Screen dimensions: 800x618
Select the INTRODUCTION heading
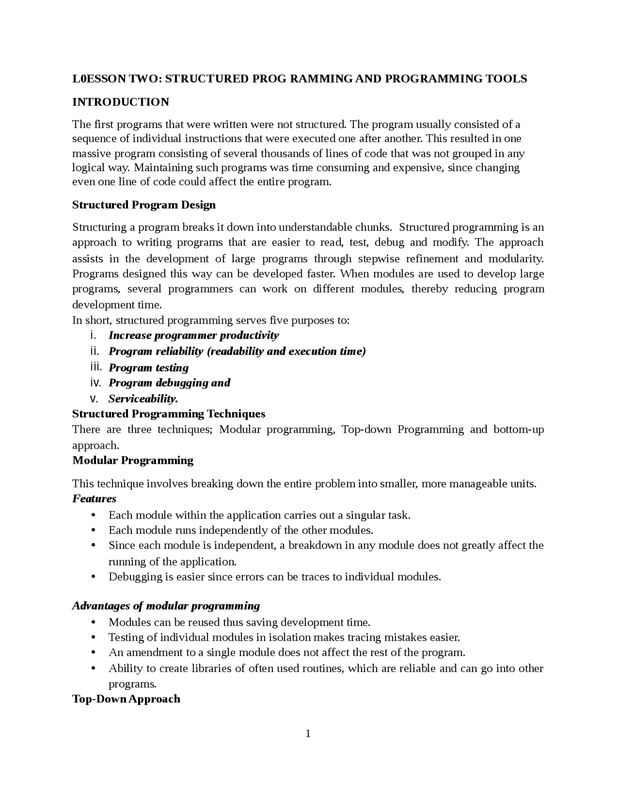point(121,102)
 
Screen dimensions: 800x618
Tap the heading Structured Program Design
point(144,205)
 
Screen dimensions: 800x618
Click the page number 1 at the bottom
point(308,734)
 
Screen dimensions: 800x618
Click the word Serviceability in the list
point(143,399)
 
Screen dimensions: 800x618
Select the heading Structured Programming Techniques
point(169,414)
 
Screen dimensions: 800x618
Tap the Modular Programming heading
point(133,460)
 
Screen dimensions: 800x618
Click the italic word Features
point(94,499)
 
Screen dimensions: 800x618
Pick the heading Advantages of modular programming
point(166,606)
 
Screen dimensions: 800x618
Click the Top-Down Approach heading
point(126,699)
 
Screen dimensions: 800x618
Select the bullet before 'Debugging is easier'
point(94,577)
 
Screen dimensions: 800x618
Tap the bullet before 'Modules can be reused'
point(94,622)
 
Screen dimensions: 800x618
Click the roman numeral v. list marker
point(94,399)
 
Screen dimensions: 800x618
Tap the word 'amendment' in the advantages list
point(152,653)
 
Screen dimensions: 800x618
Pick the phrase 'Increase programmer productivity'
point(194,335)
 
